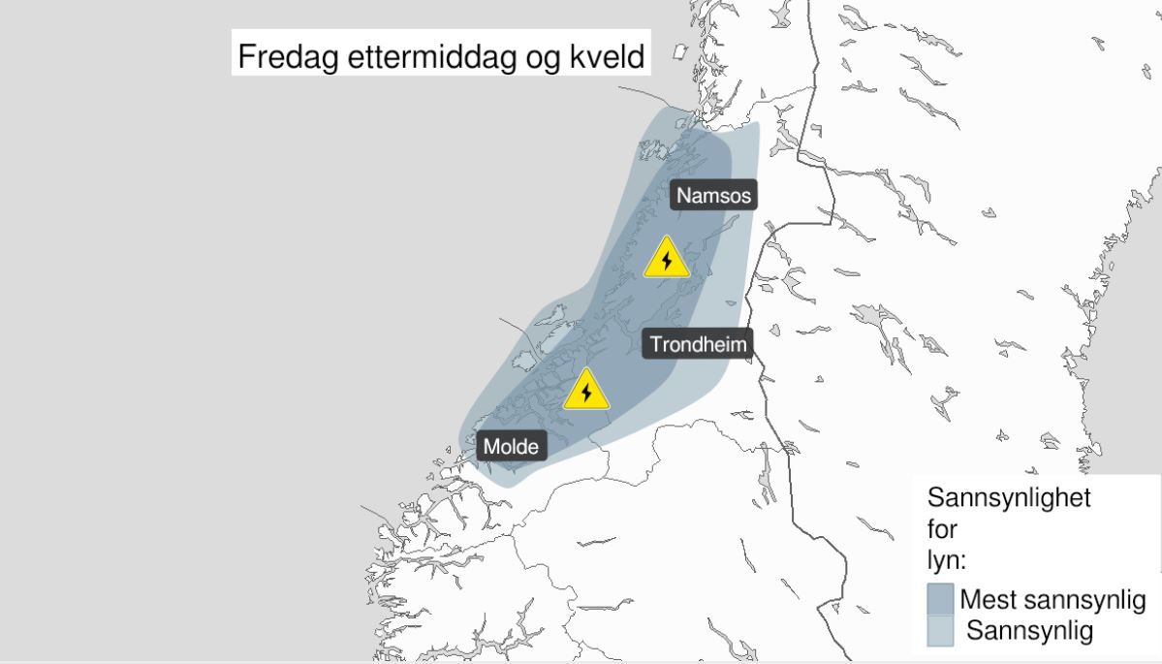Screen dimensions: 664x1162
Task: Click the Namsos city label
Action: [x=713, y=195]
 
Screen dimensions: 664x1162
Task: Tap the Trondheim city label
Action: [x=699, y=344]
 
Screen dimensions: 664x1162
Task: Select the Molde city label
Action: [x=512, y=447]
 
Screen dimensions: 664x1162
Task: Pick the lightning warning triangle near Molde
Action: [x=585, y=392]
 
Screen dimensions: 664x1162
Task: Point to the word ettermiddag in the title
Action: [x=427, y=57]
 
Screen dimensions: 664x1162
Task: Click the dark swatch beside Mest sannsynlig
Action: [x=941, y=599]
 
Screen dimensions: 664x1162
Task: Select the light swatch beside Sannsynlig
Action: [x=941, y=632]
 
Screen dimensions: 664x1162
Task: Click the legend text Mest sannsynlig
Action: [x=1052, y=599]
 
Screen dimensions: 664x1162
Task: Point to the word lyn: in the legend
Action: [x=947, y=562]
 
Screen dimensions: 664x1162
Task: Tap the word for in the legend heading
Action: [x=942, y=530]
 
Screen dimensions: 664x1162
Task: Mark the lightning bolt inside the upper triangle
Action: [x=667, y=262]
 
